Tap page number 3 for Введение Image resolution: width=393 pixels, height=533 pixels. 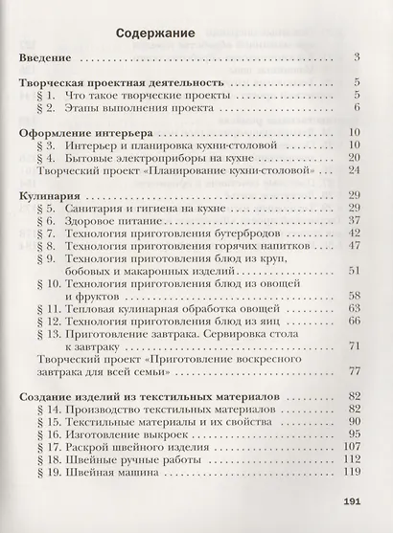pyautogui.click(x=355, y=58)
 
